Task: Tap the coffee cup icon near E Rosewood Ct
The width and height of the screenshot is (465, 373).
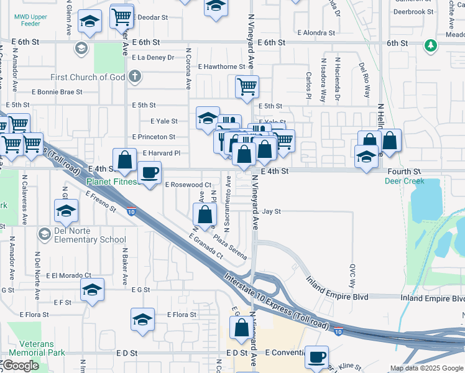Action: tap(149, 172)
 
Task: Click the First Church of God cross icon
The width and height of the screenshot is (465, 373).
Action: tap(134, 77)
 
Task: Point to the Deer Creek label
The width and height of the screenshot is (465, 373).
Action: tap(404, 181)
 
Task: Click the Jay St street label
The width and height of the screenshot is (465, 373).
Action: tap(271, 211)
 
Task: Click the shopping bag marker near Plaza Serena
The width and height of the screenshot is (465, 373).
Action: tap(205, 216)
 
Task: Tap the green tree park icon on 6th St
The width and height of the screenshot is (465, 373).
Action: tap(430, 45)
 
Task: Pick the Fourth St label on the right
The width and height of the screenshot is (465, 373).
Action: tap(404, 170)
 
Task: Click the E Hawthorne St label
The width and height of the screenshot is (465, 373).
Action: tap(221, 67)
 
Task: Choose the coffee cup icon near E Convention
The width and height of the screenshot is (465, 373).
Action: tap(317, 357)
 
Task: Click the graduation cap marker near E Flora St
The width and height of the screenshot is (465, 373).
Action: tap(142, 320)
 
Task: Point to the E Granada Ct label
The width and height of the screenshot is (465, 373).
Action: tap(206, 245)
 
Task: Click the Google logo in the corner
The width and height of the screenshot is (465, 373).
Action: tap(21, 366)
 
